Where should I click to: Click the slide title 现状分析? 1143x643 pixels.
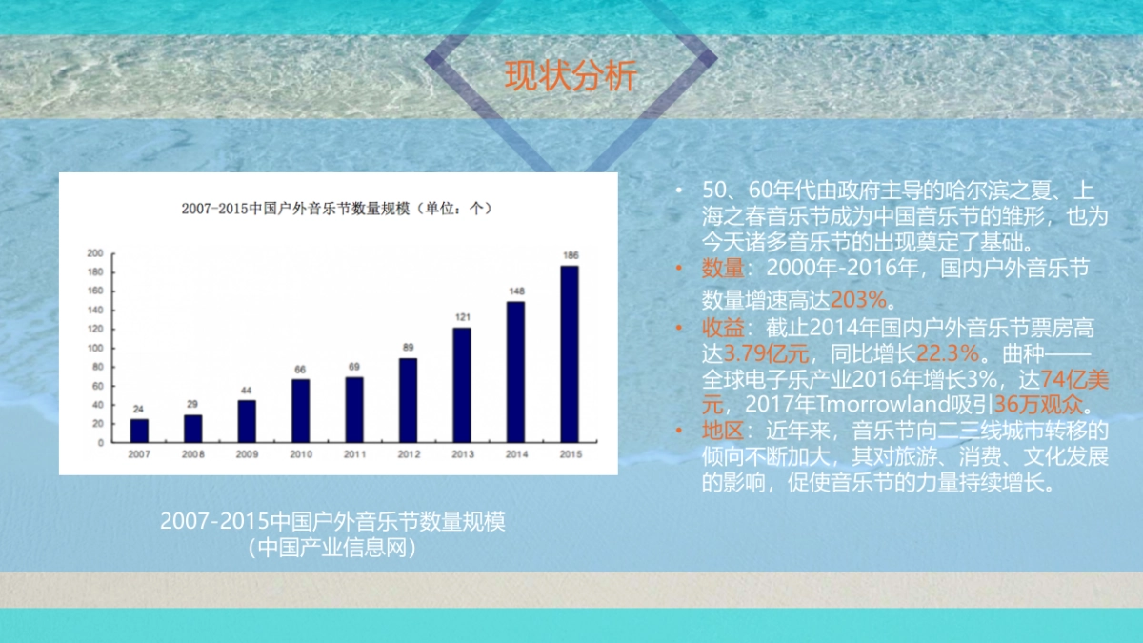570,77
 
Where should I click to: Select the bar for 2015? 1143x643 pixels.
569,353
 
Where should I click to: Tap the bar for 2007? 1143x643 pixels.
139,431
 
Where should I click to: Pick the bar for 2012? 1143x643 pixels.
408,400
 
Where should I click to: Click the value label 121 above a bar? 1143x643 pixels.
462,317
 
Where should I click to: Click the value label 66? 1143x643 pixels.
300,369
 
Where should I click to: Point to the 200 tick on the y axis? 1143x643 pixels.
95,253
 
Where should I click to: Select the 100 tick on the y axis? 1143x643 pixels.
95,348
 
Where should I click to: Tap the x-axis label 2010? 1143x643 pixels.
300,455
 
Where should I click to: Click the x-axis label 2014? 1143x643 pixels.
515,455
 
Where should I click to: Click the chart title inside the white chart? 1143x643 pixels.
338,208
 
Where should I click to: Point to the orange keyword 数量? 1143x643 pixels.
722,269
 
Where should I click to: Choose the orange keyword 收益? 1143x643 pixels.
722,329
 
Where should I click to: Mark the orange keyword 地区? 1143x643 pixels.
722,431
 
